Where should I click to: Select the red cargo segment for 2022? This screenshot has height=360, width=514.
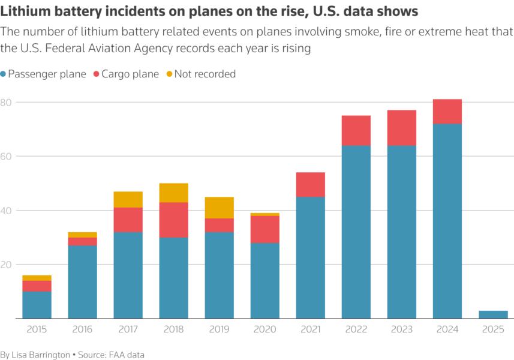click(356, 130)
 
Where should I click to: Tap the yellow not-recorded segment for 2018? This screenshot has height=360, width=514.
click(173, 193)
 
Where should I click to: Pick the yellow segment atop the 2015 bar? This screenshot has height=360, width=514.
click(37, 278)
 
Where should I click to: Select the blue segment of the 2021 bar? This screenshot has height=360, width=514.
click(310, 257)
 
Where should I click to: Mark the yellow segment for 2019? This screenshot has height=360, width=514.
click(219, 207)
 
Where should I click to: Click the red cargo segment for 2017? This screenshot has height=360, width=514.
click(128, 220)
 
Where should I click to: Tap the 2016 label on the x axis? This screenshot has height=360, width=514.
click(82, 329)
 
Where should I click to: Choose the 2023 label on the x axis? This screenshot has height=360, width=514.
click(401, 329)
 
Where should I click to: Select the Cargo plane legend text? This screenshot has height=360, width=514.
click(130, 74)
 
